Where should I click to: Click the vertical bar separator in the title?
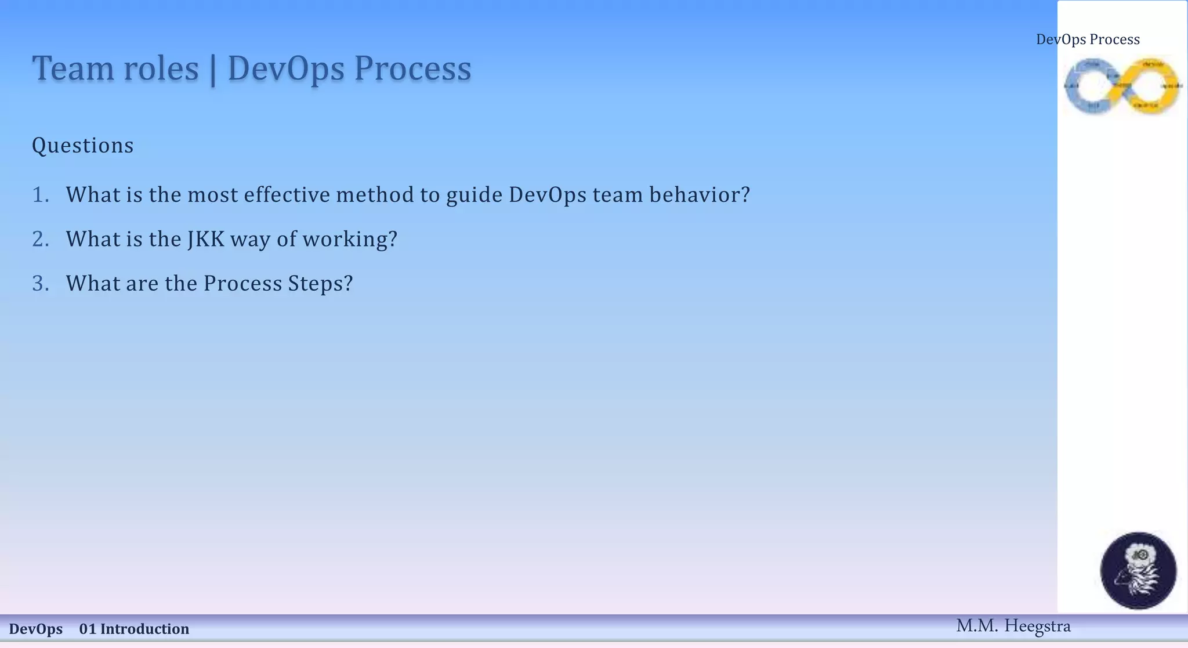tap(213, 70)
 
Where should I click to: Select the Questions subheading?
tap(82, 145)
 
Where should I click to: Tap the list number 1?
tap(41, 195)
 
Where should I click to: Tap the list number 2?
tap(41, 239)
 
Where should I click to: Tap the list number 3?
tap(41, 284)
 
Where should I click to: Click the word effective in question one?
tap(287, 195)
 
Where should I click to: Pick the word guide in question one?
tap(474, 195)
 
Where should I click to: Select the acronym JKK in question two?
tap(206, 239)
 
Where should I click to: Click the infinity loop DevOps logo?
tap(1122, 86)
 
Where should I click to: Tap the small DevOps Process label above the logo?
tap(1088, 39)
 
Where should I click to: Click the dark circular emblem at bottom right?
tap(1138, 570)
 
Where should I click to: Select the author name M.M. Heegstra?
tap(1013, 626)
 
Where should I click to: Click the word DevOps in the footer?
tap(36, 629)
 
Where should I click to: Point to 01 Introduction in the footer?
tap(134, 629)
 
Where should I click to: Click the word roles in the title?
tap(161, 68)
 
